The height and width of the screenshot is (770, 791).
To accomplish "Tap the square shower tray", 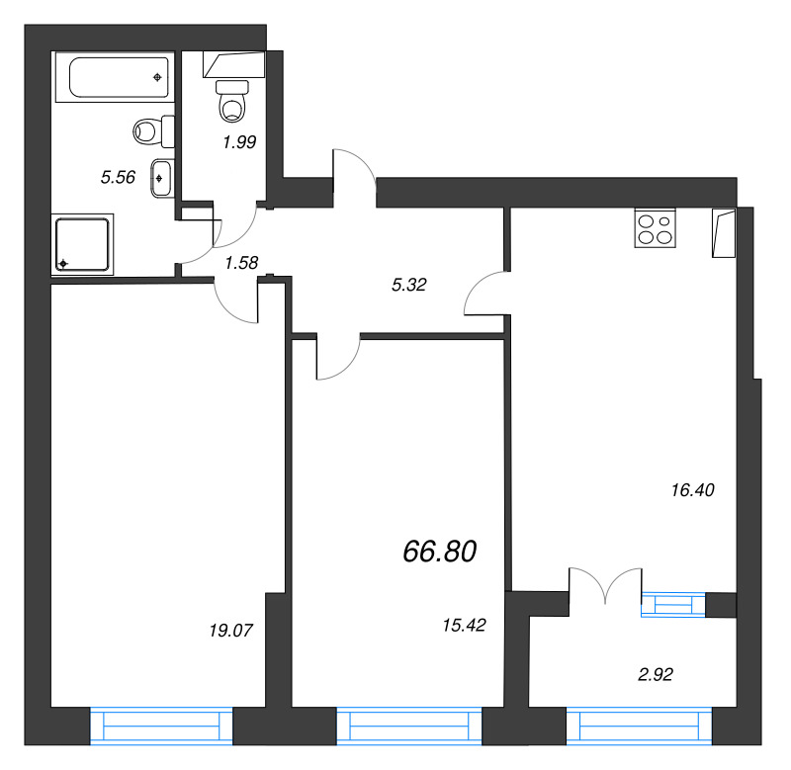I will point(85,244).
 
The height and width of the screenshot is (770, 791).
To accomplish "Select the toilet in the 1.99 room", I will point(233,99).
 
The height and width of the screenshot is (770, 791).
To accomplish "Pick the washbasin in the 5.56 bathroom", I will point(164,178).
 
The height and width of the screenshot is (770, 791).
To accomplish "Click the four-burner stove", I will point(654,228).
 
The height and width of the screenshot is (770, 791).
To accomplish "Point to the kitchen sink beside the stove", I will point(723,232).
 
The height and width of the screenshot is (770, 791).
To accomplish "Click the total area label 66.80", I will point(440,552).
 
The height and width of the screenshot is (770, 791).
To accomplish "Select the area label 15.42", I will point(464,624).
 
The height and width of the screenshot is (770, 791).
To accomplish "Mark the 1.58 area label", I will point(242,262).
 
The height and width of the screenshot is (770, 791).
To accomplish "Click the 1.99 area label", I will point(239,141).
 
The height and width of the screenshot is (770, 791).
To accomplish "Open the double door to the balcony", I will point(606,585).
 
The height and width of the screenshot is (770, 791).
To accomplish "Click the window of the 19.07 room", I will point(161,726).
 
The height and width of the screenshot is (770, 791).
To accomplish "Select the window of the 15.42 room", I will point(408,726).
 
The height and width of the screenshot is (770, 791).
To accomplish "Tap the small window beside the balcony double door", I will point(672,604).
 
